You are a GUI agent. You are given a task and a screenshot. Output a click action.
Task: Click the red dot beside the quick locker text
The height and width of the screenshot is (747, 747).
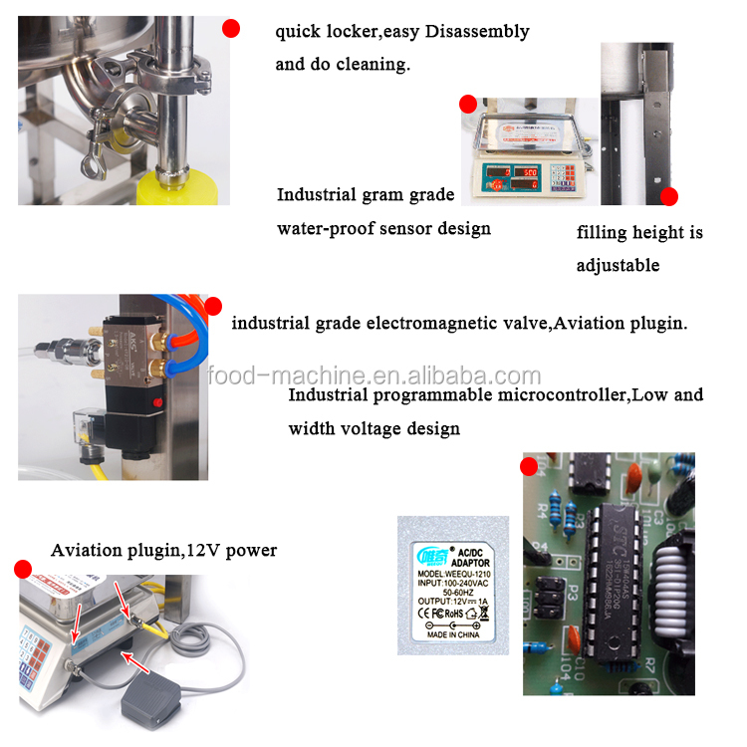point(231,29)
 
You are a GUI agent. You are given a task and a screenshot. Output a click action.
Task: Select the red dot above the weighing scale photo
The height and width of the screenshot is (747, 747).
point(467,104)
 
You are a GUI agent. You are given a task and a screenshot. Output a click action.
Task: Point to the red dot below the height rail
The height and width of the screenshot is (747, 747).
point(668,196)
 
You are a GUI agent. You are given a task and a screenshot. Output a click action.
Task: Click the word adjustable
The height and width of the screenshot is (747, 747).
point(618,266)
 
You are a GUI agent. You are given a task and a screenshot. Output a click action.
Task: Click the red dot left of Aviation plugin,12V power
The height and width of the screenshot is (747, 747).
point(22,569)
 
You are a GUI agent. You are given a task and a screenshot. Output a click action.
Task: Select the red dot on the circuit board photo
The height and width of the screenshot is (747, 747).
point(529,465)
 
